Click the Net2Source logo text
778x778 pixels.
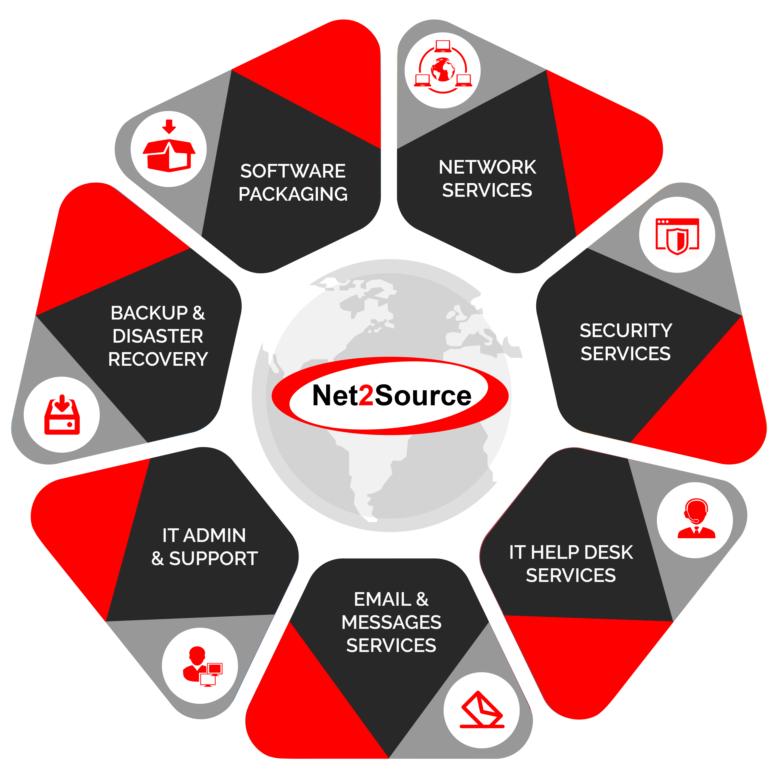(391, 396)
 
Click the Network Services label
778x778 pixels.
(487, 178)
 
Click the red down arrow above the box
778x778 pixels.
(169, 126)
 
